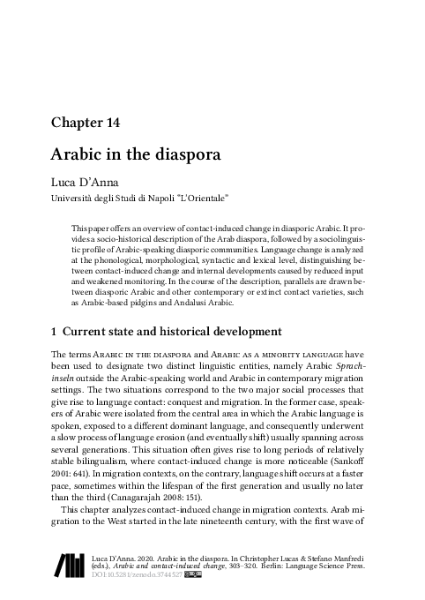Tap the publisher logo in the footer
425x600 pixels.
[71, 565]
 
